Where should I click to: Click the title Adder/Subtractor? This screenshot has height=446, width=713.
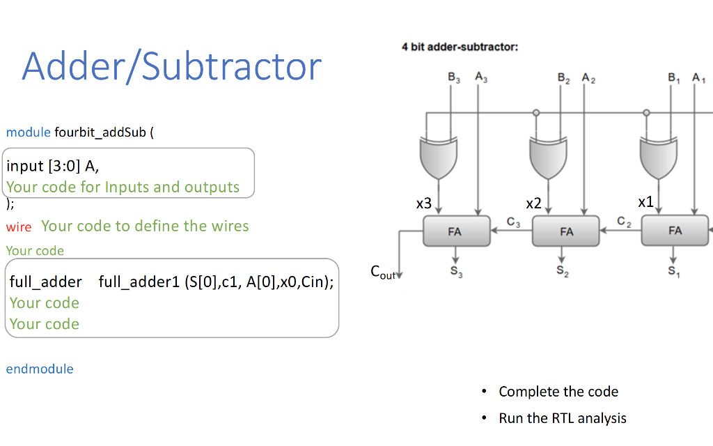click(x=172, y=66)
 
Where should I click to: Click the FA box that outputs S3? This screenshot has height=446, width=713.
click(x=455, y=231)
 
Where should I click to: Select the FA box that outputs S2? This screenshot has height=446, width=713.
click(x=566, y=231)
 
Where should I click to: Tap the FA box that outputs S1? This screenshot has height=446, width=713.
click(x=675, y=230)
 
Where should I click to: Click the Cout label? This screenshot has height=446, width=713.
click(x=383, y=272)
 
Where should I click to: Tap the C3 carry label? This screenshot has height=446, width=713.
click(x=513, y=222)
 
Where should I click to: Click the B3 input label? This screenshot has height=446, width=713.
click(x=454, y=79)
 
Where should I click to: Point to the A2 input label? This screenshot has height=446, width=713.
click(x=588, y=79)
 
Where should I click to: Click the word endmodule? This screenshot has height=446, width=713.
click(x=40, y=369)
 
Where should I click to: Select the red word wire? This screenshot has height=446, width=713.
click(x=19, y=227)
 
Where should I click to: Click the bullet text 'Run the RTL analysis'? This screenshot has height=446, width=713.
click(x=563, y=418)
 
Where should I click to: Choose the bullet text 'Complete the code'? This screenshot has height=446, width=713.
click(x=558, y=392)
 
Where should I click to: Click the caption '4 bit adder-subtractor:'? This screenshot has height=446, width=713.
click(x=460, y=47)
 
